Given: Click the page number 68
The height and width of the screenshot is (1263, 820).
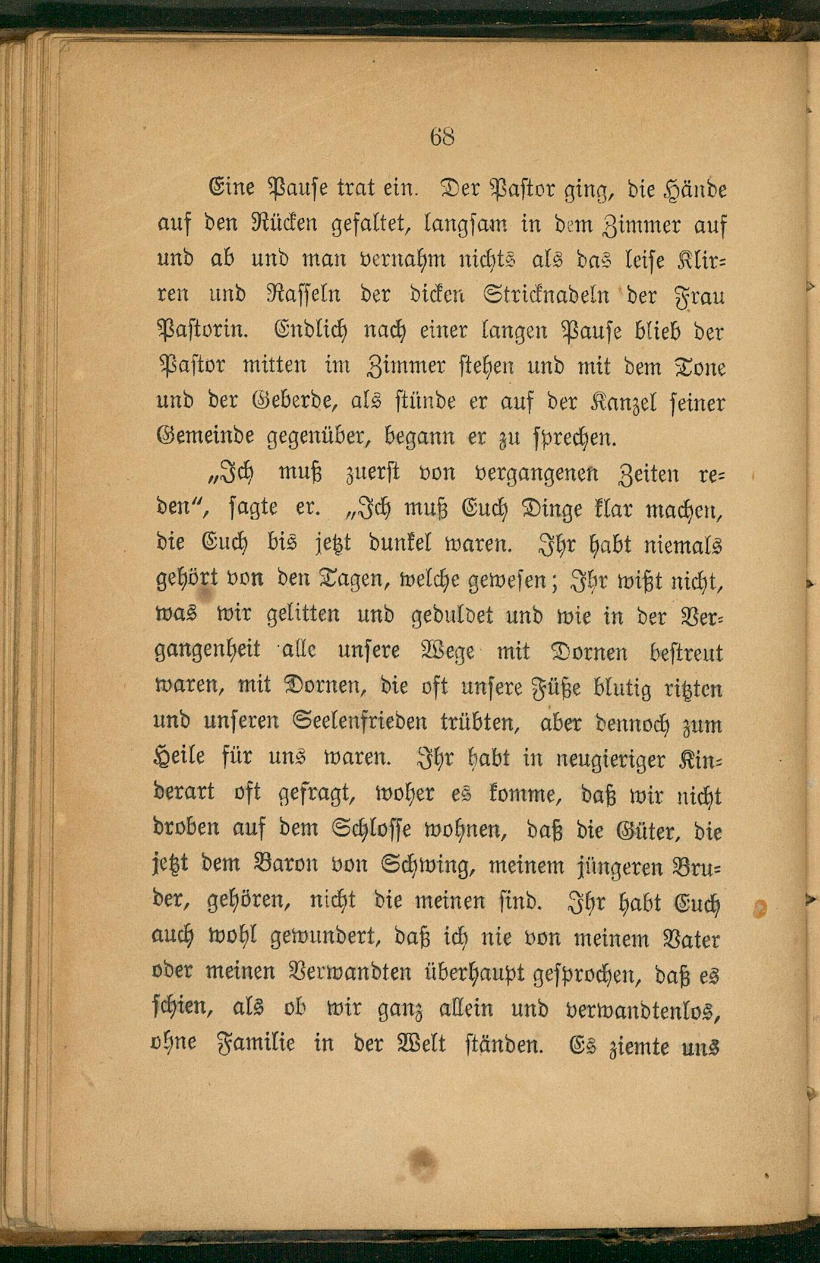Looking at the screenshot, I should point(442,137).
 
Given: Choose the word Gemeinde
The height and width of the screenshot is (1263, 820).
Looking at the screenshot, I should point(206,438).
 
